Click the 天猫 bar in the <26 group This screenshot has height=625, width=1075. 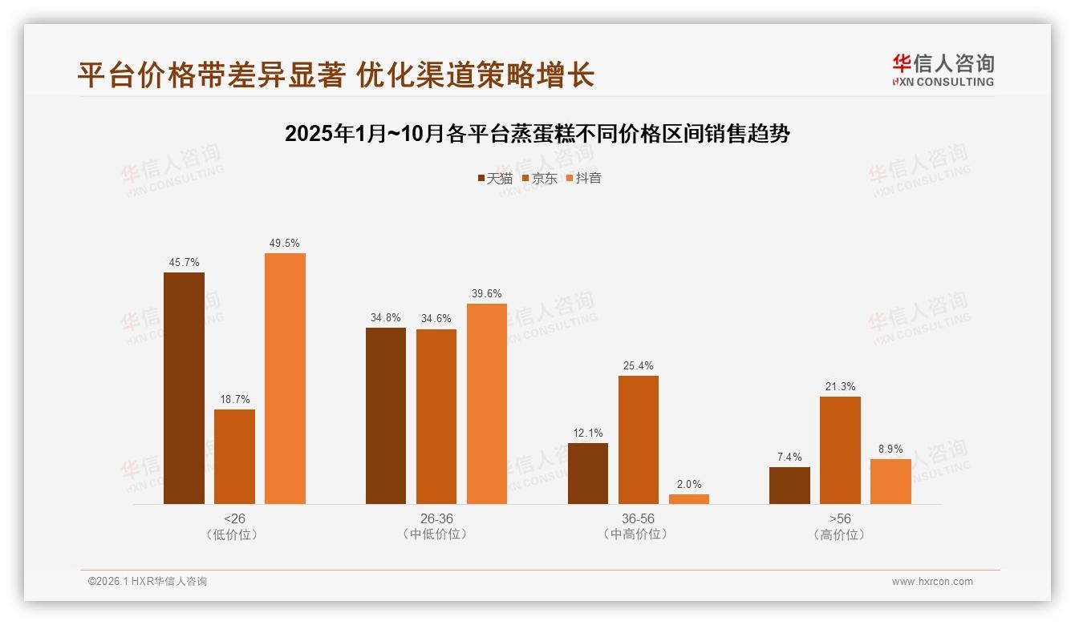(x=184, y=389)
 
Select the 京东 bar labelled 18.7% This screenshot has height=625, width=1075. (x=234, y=457)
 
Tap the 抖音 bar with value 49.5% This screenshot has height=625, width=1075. (x=285, y=379)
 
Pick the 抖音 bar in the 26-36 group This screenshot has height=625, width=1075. (x=487, y=404)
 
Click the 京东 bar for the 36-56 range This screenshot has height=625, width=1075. (x=639, y=440)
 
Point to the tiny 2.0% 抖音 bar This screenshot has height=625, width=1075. (x=689, y=499)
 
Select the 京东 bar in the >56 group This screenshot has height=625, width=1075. (x=840, y=450)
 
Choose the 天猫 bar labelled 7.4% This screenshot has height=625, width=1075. (x=789, y=486)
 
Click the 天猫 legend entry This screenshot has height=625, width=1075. (x=494, y=178)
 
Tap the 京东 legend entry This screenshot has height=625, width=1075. (x=539, y=178)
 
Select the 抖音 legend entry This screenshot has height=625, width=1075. (x=583, y=178)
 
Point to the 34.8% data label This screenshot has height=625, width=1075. (x=386, y=317)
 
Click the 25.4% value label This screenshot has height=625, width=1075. (x=639, y=366)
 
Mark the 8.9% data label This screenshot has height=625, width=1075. (x=890, y=450)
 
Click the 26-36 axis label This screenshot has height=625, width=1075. (x=436, y=518)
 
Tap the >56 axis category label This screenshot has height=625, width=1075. (x=840, y=518)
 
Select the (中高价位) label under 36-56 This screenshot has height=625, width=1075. (x=639, y=534)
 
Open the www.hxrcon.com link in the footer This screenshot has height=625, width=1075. (x=932, y=582)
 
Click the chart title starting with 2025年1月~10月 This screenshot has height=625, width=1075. (x=537, y=134)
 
